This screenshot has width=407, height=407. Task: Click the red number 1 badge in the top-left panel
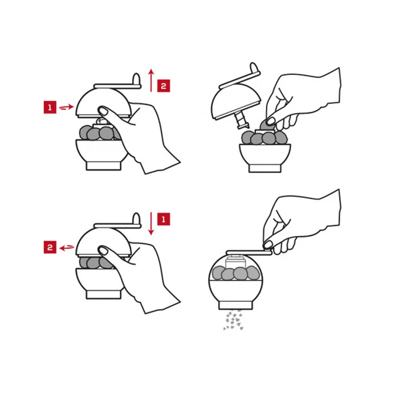point(50,107)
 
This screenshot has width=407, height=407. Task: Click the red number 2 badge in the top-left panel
point(163,85)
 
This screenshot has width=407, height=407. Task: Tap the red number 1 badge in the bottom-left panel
point(163,219)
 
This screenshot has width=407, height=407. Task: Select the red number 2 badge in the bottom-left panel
point(50,247)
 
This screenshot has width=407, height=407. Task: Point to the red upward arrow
point(151,80)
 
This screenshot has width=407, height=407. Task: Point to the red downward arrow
point(151,224)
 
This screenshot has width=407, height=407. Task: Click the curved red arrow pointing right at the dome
point(67,107)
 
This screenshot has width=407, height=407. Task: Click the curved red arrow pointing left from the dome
point(67,248)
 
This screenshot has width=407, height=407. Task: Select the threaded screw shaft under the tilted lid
point(241,120)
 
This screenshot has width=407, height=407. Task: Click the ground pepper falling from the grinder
point(234,320)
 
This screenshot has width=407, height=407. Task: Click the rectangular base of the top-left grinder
point(104,166)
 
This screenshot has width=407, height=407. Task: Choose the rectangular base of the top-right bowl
point(265,168)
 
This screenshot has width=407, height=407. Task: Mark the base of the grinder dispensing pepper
point(236,305)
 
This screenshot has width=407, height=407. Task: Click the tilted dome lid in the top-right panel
point(236,101)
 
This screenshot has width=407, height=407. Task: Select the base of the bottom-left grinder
point(104,295)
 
